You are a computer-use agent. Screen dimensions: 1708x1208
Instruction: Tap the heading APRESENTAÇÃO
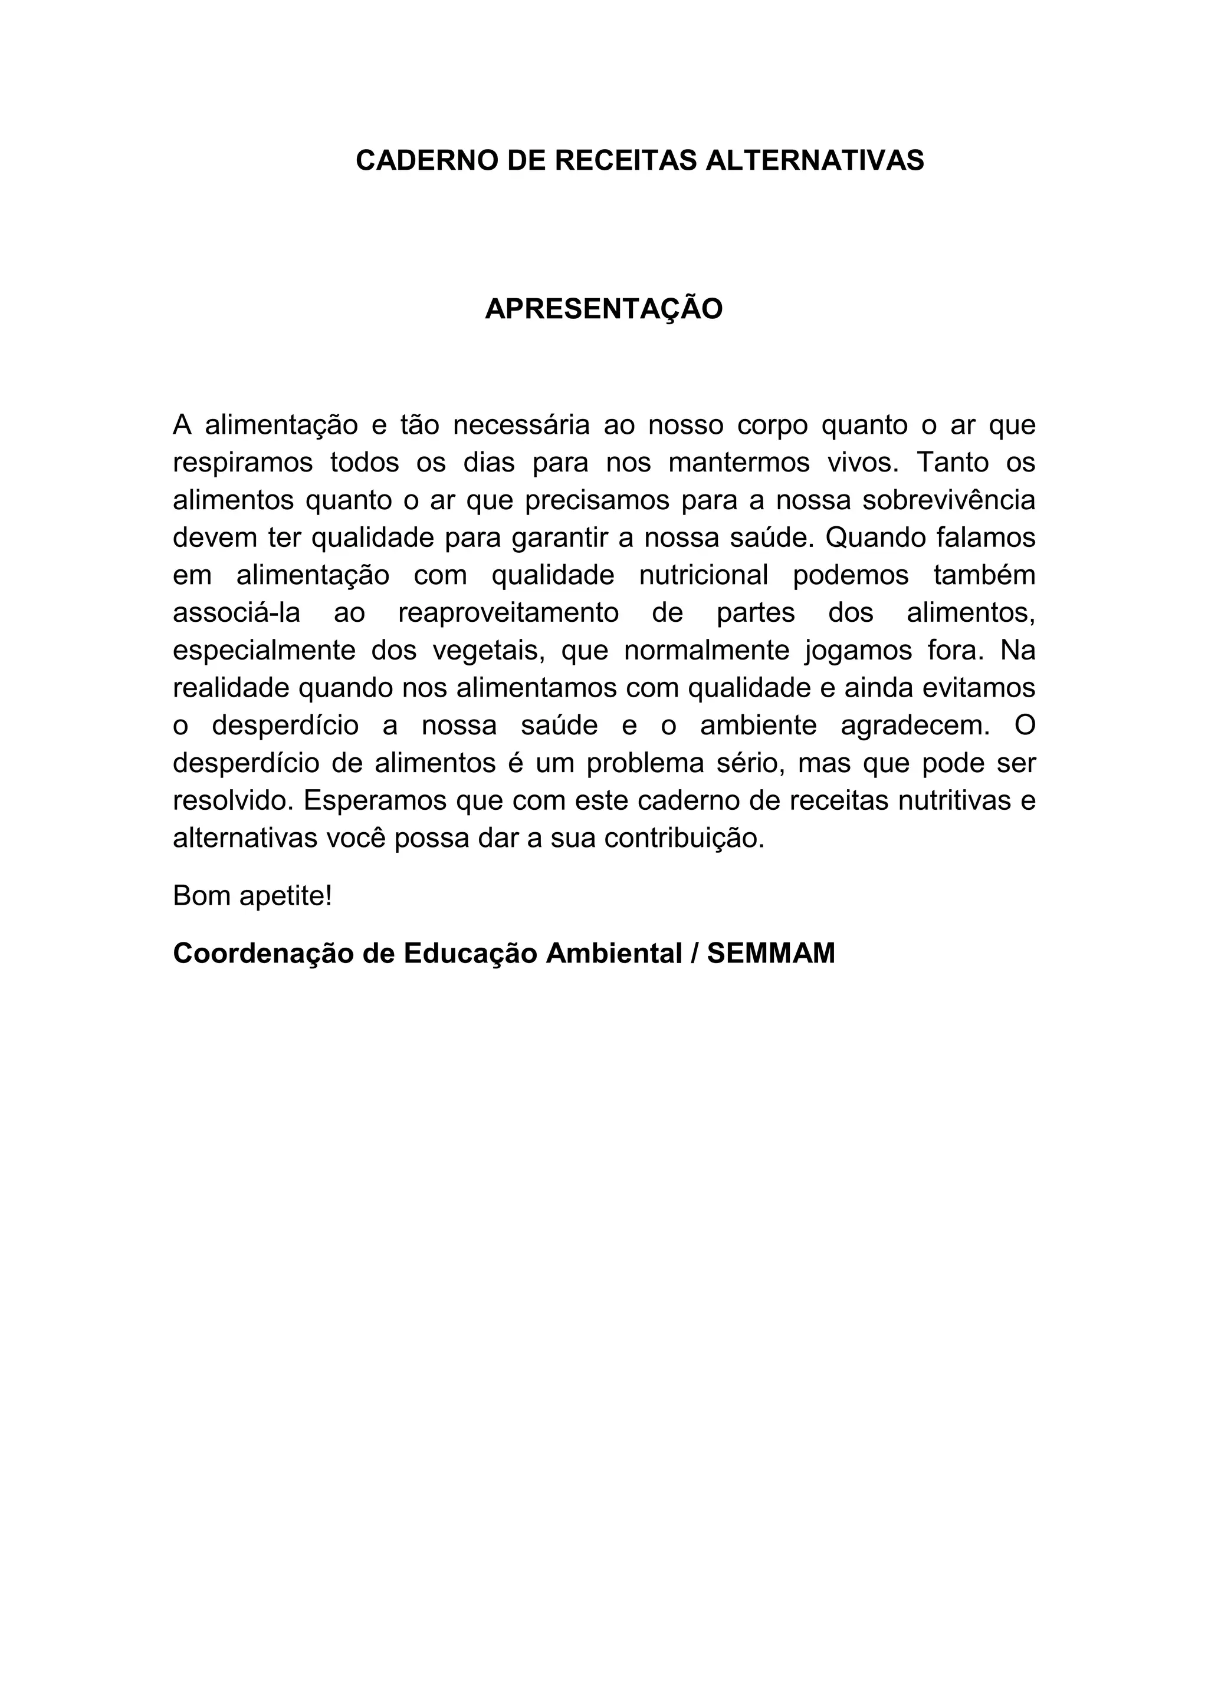click(x=603, y=309)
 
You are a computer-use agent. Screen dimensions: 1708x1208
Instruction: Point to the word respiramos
click(x=242, y=463)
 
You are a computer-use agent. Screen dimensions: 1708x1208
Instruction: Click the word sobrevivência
click(x=948, y=500)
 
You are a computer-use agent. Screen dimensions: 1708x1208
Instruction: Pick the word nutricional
click(x=703, y=575)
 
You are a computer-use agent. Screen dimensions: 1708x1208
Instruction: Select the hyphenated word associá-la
click(x=237, y=612)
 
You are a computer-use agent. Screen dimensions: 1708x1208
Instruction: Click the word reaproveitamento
click(x=508, y=612)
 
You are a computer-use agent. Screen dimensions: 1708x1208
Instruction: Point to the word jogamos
click(x=858, y=650)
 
